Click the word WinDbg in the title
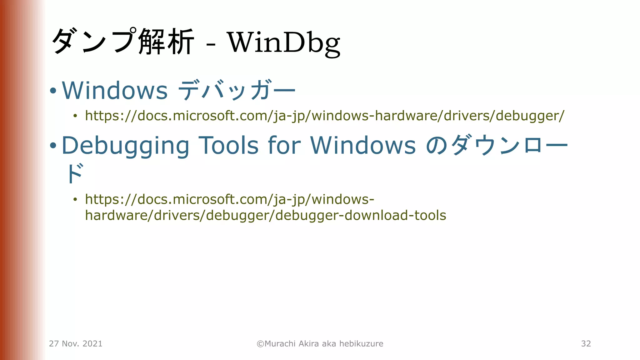click(x=284, y=42)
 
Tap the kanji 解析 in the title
click(x=166, y=42)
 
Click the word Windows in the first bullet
click(x=115, y=90)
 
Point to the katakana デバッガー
click(x=237, y=90)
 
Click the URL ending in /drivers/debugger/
click(x=325, y=116)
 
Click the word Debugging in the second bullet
click(x=126, y=146)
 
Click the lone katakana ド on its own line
click(x=75, y=173)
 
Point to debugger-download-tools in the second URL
click(x=361, y=215)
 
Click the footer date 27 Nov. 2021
click(x=76, y=344)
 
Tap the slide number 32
click(x=586, y=344)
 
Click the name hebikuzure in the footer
click(x=361, y=344)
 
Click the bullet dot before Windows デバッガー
click(x=53, y=91)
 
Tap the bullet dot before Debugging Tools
click(x=53, y=146)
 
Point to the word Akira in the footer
click(x=309, y=344)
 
